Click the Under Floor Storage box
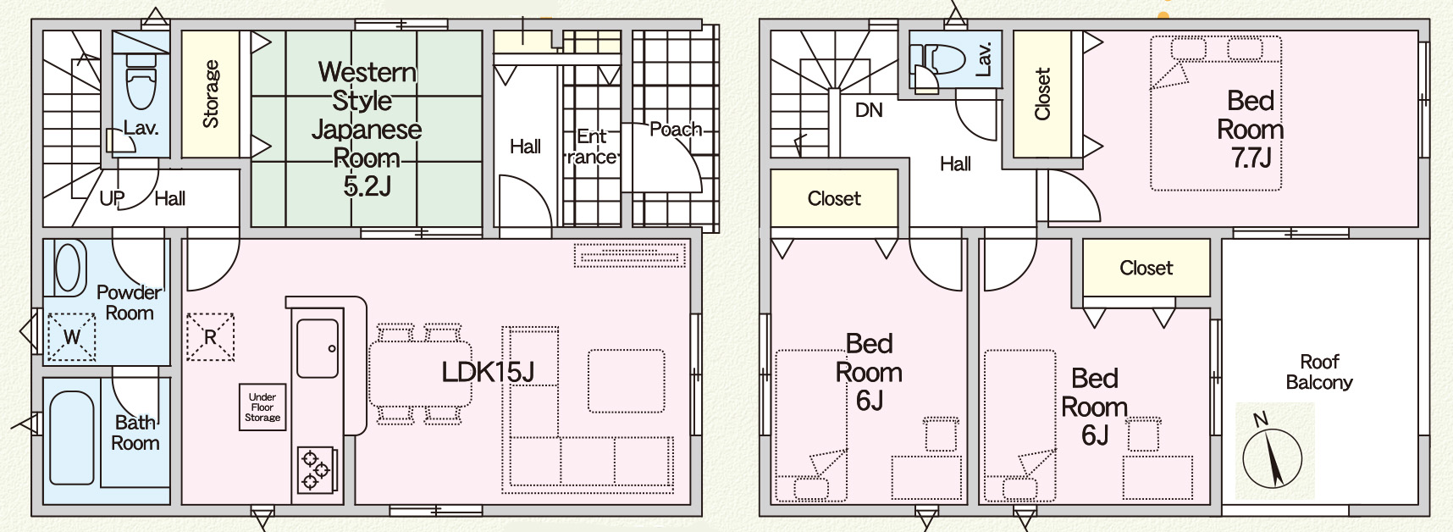(x=262, y=407)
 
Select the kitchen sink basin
(x=318, y=348)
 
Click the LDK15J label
(x=488, y=371)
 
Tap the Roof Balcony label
(x=1318, y=372)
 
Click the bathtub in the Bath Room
(x=72, y=437)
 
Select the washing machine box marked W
(x=71, y=336)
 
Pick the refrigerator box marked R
(x=210, y=336)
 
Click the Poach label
(x=675, y=130)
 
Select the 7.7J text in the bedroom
(x=1251, y=158)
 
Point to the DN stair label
(x=868, y=110)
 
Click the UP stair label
(x=112, y=198)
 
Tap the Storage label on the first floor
(x=211, y=94)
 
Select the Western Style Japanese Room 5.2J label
(x=367, y=128)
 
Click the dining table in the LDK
(x=421, y=373)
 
